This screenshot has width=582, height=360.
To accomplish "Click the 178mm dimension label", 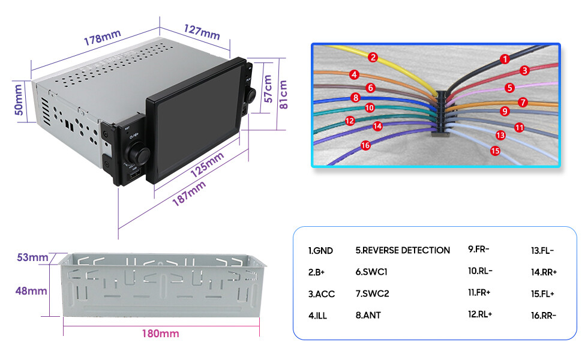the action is coord(102,37).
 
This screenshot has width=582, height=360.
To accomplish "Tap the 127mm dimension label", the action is coord(202,32).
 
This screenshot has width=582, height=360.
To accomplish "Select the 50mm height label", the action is coord(19,100).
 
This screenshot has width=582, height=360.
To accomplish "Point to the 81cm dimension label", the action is coord(283,94).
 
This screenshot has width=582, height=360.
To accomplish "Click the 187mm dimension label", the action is coord(189,193).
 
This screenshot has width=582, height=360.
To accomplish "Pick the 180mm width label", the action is coord(160,333).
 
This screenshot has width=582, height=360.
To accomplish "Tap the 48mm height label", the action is coord(31,290).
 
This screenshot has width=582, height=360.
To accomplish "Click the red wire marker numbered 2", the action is coord(373,57).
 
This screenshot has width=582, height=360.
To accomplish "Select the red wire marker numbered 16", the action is coord(365,145).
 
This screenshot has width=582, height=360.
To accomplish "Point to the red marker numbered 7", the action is coord(523,102).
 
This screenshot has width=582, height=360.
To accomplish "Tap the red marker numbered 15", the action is coord(495,151).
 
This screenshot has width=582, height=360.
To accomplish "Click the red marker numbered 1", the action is coord(505,59).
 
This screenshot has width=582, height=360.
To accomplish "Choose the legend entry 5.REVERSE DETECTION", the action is coord(403,250).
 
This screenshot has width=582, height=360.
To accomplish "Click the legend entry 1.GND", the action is coord(320,251).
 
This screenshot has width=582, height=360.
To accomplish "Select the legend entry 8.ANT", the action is coord(368,315).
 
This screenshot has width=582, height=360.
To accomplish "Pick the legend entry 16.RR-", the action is coord(544,316).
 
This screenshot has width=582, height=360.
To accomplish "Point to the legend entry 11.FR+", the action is coord(479,292).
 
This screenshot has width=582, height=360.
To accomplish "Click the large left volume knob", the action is coord(137,153).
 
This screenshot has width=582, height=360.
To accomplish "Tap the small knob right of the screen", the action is coord(251,95).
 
